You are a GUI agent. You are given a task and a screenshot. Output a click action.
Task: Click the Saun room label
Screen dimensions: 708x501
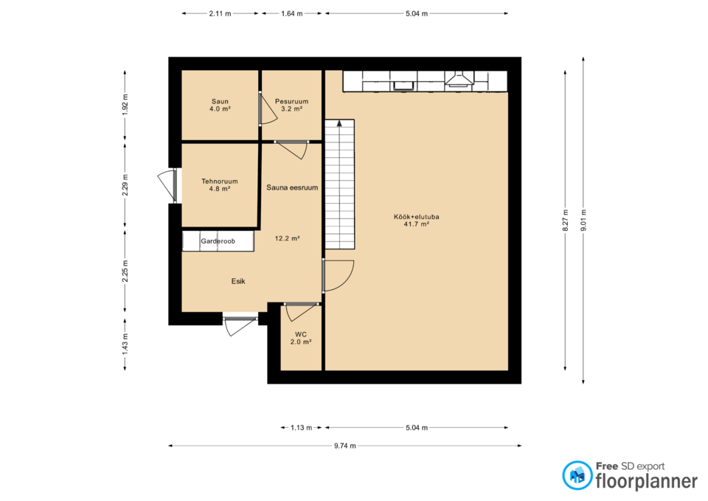(x=220, y=105)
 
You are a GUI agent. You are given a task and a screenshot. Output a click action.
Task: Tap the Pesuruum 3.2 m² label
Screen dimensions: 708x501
(x=292, y=105)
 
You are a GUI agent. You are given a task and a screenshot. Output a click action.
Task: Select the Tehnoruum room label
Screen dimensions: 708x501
(x=220, y=184)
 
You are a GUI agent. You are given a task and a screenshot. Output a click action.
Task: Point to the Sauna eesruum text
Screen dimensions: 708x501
(x=292, y=187)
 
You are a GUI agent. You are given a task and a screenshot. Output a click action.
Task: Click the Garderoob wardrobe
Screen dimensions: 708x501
(x=218, y=241)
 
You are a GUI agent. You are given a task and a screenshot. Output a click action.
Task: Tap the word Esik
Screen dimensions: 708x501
(x=238, y=281)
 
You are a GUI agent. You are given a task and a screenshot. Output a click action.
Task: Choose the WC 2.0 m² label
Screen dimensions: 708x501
(x=301, y=338)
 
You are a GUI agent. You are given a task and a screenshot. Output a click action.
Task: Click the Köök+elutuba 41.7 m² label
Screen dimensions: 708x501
(x=416, y=220)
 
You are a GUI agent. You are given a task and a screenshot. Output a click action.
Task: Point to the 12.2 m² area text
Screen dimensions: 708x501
(x=288, y=238)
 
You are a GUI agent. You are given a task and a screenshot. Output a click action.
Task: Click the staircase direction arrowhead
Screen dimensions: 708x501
(x=339, y=123)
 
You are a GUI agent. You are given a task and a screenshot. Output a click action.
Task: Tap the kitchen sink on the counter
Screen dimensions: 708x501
(x=403, y=86)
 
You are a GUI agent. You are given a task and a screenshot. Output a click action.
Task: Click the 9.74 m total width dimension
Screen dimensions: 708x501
(x=345, y=446)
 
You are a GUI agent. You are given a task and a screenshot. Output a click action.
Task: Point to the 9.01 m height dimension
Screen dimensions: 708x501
(x=583, y=221)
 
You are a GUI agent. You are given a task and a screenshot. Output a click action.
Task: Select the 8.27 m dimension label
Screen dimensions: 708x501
(x=566, y=221)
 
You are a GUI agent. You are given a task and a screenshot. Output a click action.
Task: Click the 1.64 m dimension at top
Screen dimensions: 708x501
(x=292, y=13)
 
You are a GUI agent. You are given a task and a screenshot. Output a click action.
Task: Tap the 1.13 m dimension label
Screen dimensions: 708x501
(x=301, y=427)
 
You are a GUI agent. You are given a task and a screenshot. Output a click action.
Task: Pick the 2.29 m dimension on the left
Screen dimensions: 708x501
(x=125, y=185)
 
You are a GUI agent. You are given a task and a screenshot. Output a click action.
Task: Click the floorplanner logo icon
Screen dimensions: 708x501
(x=577, y=475)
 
